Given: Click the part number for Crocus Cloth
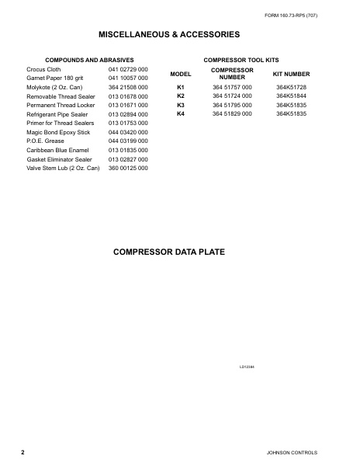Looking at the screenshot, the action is tap(128, 70).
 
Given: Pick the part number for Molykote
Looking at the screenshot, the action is tap(128, 87).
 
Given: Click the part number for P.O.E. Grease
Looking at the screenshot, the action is tap(128, 141).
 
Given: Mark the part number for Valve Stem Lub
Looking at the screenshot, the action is tap(128, 168).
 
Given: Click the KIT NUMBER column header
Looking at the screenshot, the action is tap(292, 73).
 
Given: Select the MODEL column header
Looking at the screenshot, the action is tap(181, 73).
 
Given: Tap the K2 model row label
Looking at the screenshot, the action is tap(181, 96).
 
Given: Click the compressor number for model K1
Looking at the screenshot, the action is tap(232, 87).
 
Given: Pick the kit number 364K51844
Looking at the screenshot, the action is tap(292, 96).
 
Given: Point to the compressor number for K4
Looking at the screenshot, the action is tap(232, 113).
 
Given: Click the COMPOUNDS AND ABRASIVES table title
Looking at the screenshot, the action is tap(90, 60).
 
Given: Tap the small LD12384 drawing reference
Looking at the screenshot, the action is tap(247, 366).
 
